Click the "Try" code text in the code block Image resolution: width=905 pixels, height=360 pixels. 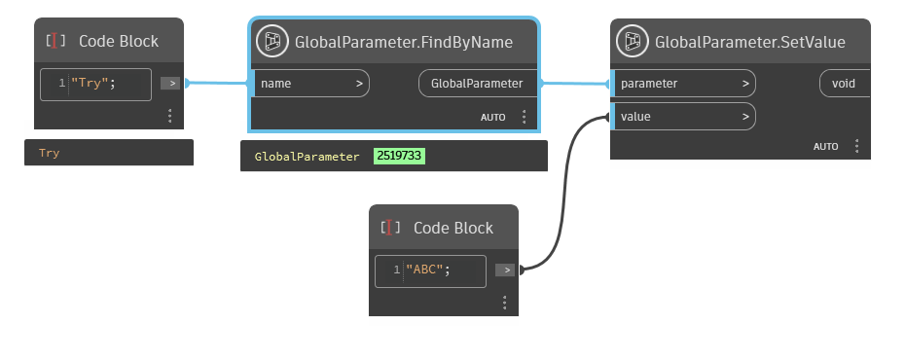(x=93, y=84)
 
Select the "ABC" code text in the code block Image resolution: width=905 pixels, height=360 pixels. (x=429, y=270)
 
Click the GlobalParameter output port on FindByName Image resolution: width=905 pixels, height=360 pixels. (x=478, y=84)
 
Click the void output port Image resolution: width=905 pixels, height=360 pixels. (x=843, y=84)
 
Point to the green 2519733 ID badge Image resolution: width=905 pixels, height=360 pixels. (x=399, y=156)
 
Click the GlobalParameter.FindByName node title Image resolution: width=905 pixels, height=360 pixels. (x=404, y=42)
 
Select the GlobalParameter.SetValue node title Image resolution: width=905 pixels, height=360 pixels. (x=750, y=42)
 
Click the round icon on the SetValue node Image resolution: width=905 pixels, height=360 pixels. (x=634, y=41)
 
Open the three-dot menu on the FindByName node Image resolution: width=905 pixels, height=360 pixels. (x=524, y=117)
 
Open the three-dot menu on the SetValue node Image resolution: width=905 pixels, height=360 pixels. (x=856, y=146)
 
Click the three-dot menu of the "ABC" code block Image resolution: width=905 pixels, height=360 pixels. (x=504, y=302)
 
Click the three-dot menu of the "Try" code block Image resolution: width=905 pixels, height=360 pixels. (x=169, y=116)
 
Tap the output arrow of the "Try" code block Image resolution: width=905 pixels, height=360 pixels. (x=169, y=84)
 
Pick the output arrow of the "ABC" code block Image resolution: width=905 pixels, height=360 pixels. (x=504, y=270)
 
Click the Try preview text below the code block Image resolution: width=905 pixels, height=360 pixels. (x=50, y=153)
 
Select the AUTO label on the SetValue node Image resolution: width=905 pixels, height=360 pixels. (x=826, y=146)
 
